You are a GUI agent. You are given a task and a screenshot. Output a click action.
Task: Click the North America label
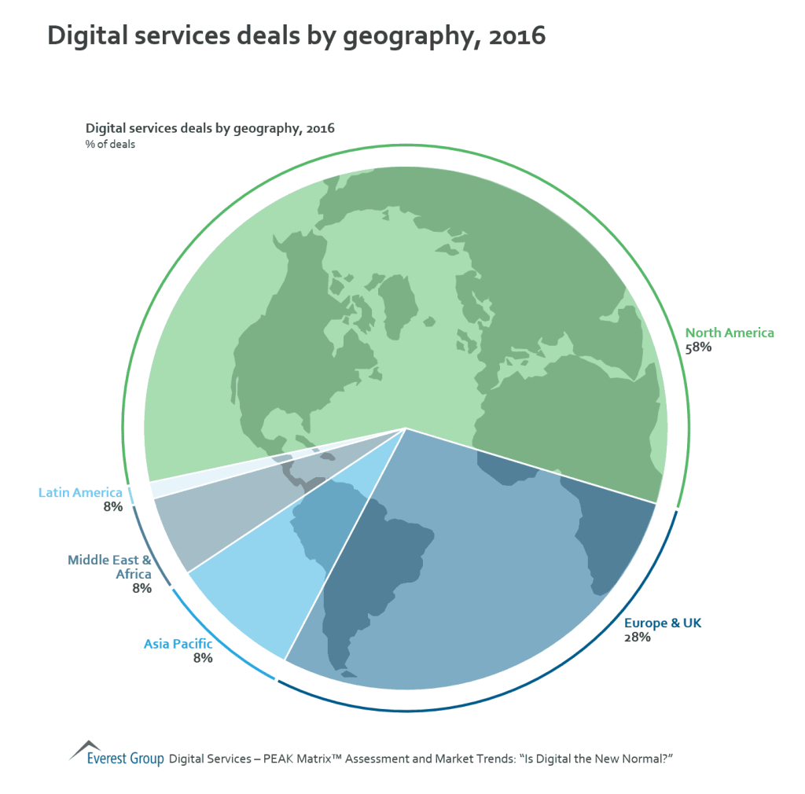[x=730, y=333]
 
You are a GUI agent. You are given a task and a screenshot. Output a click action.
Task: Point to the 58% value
[x=698, y=347]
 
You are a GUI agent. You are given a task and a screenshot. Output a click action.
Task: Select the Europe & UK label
[x=663, y=623]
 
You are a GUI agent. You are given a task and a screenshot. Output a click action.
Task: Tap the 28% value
[x=637, y=638]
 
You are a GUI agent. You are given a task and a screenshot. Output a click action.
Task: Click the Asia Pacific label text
[x=178, y=644]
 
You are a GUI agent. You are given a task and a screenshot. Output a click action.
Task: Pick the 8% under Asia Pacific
[x=203, y=658]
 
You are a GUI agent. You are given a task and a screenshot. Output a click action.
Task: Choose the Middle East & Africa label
[x=109, y=567]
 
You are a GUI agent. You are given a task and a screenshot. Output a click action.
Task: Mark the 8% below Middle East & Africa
[x=142, y=588]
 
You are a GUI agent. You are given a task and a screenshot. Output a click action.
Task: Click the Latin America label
[x=80, y=493]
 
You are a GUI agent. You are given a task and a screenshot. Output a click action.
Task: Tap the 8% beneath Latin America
[x=112, y=507]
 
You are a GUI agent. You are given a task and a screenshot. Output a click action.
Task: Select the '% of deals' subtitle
[x=110, y=144]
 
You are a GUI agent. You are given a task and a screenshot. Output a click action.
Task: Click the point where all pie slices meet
[x=406, y=428]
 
